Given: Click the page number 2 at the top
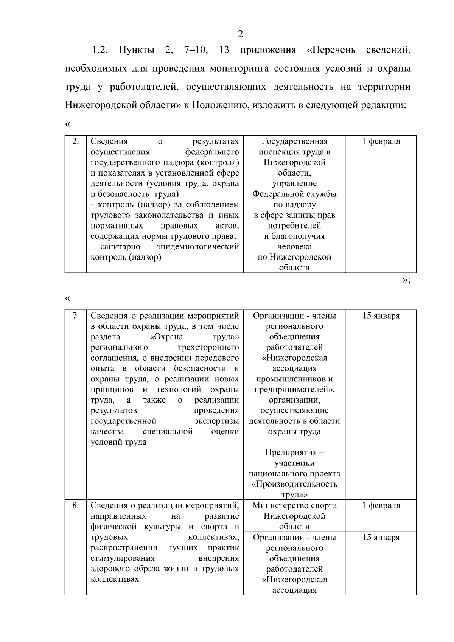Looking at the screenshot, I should point(240,34).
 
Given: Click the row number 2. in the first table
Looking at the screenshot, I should point(76,141).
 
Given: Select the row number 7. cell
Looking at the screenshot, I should point(76,316).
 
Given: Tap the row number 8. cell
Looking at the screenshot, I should point(76,505).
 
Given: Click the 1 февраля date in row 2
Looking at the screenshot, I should point(381,141).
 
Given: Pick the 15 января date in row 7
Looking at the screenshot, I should point(381,316).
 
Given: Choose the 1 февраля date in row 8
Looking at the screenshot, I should point(381,505).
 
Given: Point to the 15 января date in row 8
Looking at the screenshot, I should point(381,538).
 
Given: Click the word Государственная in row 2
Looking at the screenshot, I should point(294,141).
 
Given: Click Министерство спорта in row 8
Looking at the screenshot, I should point(294,505).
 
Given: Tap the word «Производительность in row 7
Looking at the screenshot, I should point(294,484).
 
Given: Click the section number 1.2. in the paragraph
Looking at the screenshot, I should point(100,50).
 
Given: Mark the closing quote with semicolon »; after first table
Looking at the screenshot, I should point(406,281).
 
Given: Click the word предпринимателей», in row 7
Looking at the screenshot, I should point(294,390).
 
